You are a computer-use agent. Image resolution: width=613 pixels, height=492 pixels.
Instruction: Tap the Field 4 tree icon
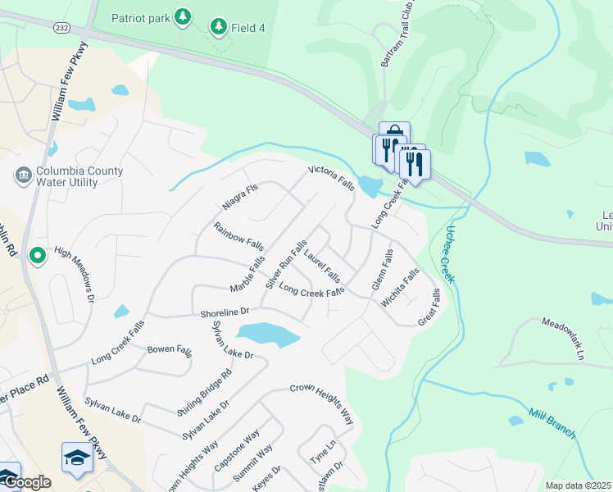(x=218, y=27)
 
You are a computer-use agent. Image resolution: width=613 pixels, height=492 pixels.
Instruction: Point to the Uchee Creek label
(x=447, y=254)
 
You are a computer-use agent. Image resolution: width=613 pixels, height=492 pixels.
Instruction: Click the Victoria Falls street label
(x=331, y=179)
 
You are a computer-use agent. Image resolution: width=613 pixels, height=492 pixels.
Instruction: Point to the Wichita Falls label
(x=401, y=287)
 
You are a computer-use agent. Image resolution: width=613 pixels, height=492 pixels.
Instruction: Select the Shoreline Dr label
(x=225, y=312)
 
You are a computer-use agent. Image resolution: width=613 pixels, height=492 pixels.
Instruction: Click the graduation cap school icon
(x=77, y=457)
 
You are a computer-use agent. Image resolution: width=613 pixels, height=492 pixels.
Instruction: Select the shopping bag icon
(x=395, y=134)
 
